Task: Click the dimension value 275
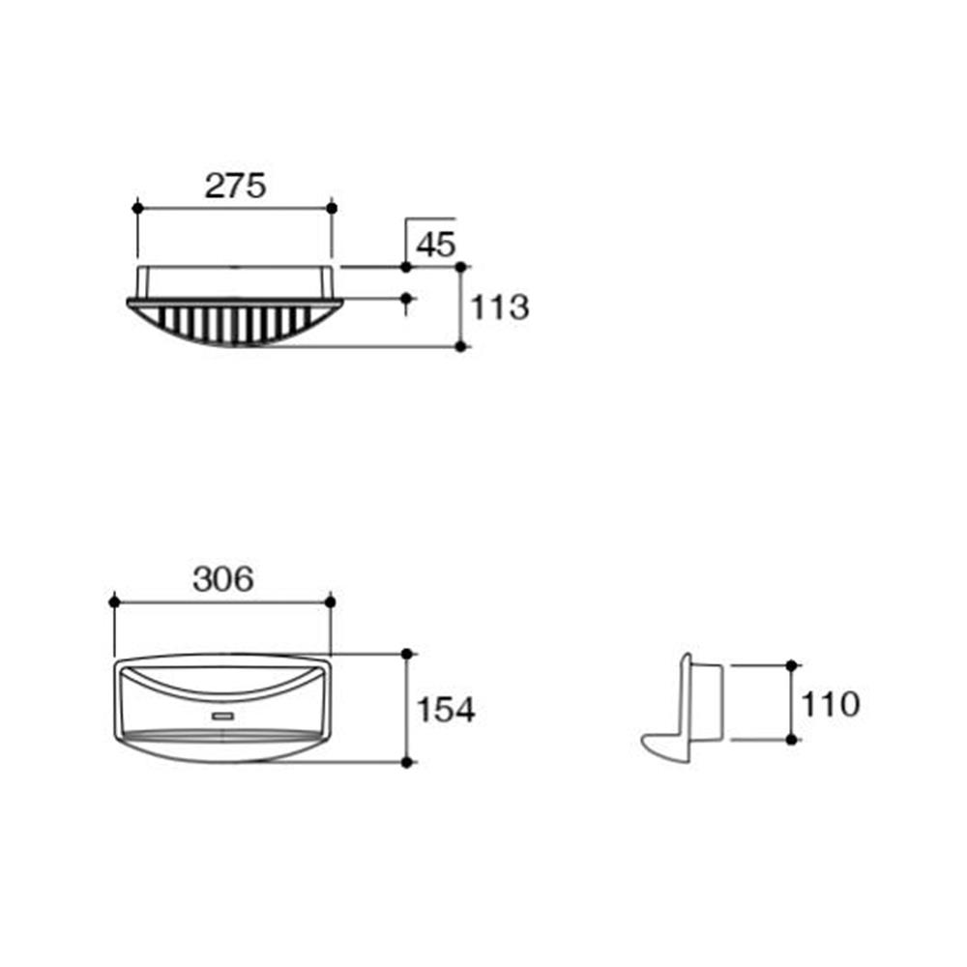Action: tap(235, 186)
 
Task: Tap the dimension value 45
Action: tap(435, 245)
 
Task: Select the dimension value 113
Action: tap(500, 308)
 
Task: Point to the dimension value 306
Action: tap(222, 579)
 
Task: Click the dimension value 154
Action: tap(446, 709)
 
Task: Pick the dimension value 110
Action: tap(830, 704)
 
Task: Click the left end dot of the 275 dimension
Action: tap(137, 208)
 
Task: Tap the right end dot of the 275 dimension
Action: tap(332, 208)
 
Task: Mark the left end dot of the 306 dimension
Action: tap(114, 601)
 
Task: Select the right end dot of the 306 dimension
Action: tap(330, 601)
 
